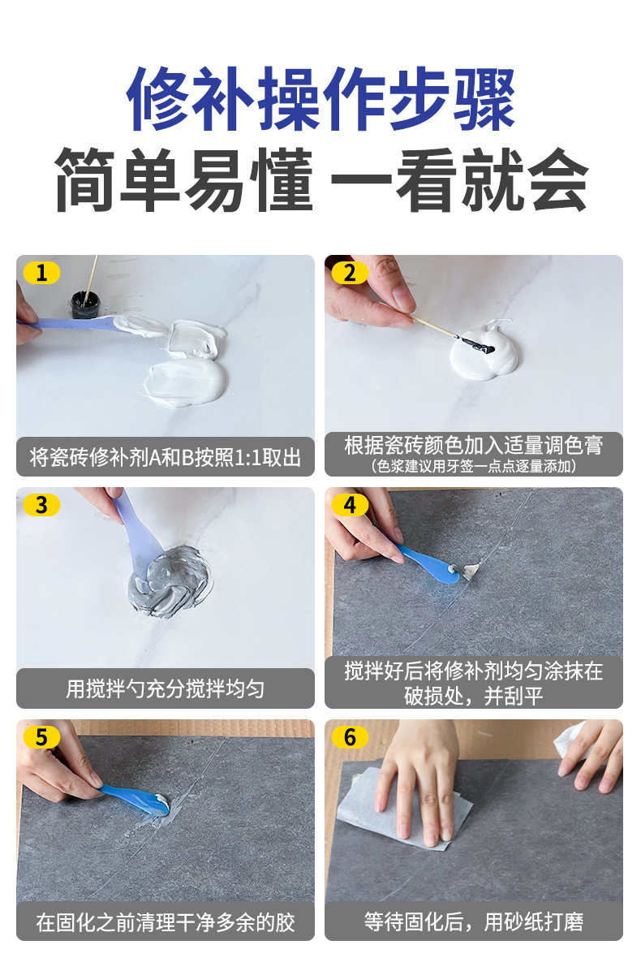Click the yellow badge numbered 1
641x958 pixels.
click(x=41, y=273)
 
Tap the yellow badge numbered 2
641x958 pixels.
click(x=350, y=273)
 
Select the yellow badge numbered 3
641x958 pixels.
click(x=41, y=505)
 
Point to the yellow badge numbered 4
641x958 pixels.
click(x=350, y=505)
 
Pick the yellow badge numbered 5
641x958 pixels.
click(x=41, y=737)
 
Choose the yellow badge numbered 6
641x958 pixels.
click(x=350, y=737)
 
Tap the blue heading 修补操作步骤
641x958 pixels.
click(x=320, y=98)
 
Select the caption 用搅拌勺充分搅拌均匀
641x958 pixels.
click(x=166, y=688)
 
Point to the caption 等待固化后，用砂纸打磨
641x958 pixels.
click(x=474, y=921)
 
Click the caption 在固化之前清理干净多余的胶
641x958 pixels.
click(x=166, y=921)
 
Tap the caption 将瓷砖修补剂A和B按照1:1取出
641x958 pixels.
click(x=166, y=457)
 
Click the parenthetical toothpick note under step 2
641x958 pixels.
click(x=474, y=466)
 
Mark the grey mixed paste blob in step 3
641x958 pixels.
click(x=171, y=581)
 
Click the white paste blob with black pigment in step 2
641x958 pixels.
click(x=484, y=352)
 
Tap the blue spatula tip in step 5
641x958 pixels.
click(x=156, y=803)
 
